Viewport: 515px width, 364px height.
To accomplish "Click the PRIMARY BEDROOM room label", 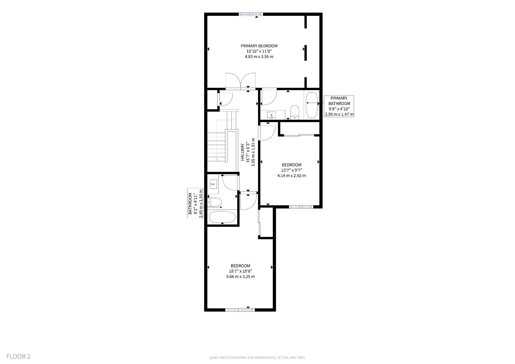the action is click(x=259, y=46).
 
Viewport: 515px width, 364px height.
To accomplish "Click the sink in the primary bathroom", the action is click(x=272, y=115).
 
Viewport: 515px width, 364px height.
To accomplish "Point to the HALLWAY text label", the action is click(x=243, y=152).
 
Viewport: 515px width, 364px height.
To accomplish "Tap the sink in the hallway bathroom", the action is click(x=213, y=184).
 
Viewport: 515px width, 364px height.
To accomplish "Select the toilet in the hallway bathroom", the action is click(x=214, y=202).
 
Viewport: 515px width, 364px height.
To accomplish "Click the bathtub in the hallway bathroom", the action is click(x=222, y=217).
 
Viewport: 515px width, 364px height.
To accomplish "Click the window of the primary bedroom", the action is click(x=251, y=14).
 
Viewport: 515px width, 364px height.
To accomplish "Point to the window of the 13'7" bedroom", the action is click(x=301, y=207).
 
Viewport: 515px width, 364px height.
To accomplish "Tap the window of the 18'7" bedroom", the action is click(x=240, y=310).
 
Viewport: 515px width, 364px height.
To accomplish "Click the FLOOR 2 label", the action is click(x=18, y=356).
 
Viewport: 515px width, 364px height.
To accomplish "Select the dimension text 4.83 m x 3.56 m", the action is click(x=259, y=57).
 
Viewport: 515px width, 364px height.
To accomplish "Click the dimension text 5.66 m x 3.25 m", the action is click(x=240, y=277).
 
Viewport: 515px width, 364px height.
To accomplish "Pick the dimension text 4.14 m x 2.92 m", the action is click(x=292, y=175).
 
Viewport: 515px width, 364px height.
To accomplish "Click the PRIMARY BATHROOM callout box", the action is click(x=339, y=106).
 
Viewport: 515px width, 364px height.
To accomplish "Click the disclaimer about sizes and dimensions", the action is click(x=257, y=357).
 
